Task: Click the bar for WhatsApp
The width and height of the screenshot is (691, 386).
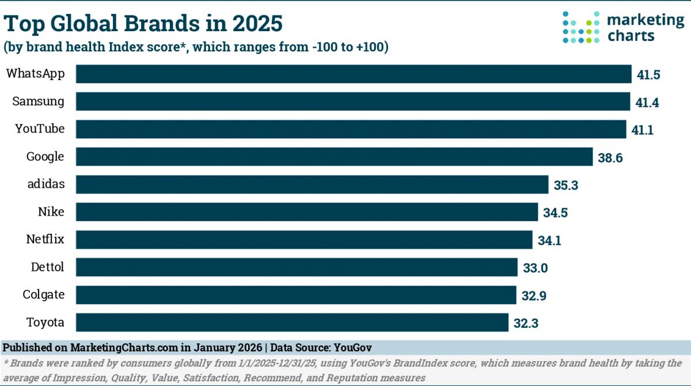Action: pos(354,74)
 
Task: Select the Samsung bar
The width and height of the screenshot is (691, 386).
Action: pos(353,102)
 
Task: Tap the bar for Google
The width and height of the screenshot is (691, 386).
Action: pos(334,157)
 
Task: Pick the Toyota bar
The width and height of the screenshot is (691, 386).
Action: pos(292,323)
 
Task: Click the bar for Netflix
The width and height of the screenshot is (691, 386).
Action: pos(304,240)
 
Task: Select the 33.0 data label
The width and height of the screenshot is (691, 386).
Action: pos(534,268)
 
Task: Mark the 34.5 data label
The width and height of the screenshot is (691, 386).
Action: pos(555,213)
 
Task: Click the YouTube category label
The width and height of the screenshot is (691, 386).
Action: pos(40,129)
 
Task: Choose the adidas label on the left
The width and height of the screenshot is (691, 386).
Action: pos(45,184)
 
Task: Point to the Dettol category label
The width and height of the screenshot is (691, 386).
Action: pos(47,267)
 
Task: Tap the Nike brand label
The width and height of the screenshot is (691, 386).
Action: pos(51,212)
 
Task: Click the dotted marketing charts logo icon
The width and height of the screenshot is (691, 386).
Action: pos(581,27)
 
